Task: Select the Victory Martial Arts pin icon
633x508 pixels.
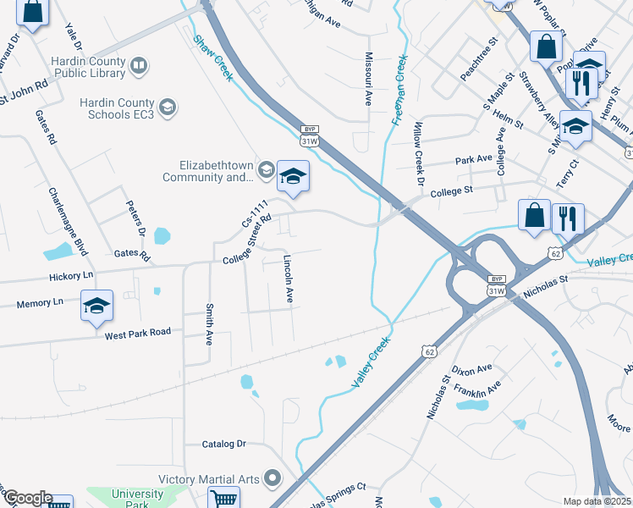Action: [x=272, y=479]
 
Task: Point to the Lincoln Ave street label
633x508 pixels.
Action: [x=289, y=279]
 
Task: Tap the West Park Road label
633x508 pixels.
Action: [x=138, y=334]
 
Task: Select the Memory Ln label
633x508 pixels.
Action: [x=40, y=301]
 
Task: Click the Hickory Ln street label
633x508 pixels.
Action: [x=71, y=275]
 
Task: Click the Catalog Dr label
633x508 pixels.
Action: [x=223, y=444]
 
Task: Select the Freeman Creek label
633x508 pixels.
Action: [x=400, y=90]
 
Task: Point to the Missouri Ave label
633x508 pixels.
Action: [x=368, y=78]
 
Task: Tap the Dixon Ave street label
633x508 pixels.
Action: [x=471, y=370]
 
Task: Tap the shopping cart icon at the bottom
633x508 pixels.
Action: [x=223, y=499]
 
